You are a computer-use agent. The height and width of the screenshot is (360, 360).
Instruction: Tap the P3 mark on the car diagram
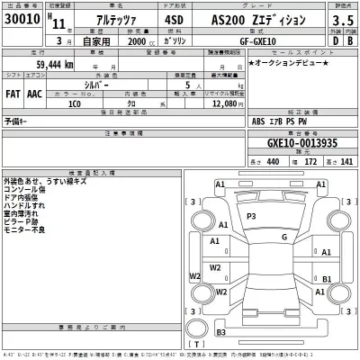click(253, 217)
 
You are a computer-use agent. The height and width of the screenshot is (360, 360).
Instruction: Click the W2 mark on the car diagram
click(216, 267)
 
